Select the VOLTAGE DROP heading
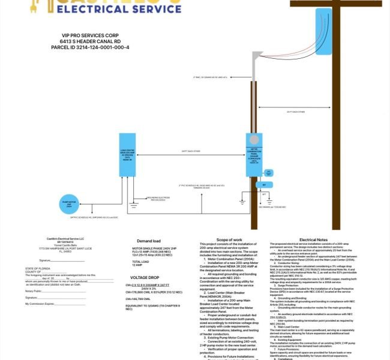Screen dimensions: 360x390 pos(146,278)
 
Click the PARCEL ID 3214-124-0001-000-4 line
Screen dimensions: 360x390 pos(90,47)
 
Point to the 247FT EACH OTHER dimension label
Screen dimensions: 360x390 pos(191,151)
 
